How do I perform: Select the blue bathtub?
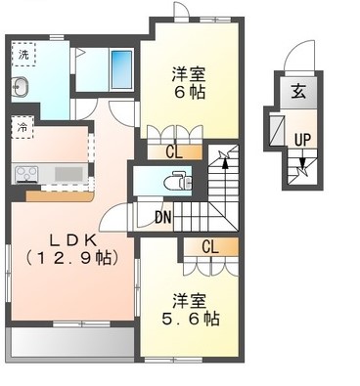(x=122, y=68)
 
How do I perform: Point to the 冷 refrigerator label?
(x=22, y=126)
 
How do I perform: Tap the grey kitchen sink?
(x=68, y=174)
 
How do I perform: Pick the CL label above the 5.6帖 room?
(x=209, y=246)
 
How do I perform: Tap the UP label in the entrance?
(x=303, y=139)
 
